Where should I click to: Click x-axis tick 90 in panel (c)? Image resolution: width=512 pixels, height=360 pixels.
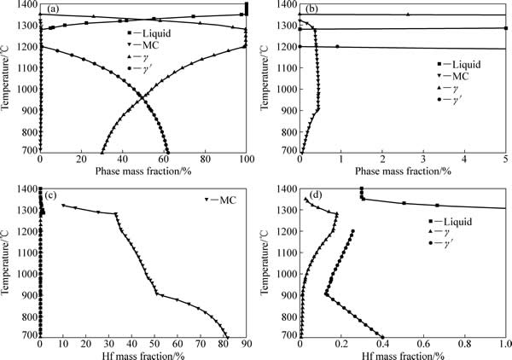point(246,345)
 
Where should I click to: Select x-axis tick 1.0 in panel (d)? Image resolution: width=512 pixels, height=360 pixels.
point(503,345)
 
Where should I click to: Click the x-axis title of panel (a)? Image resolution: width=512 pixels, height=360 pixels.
point(143,171)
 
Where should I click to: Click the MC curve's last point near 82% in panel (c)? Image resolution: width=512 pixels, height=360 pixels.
point(227,336)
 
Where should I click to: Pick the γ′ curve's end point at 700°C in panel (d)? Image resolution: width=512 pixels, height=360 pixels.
point(381,336)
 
